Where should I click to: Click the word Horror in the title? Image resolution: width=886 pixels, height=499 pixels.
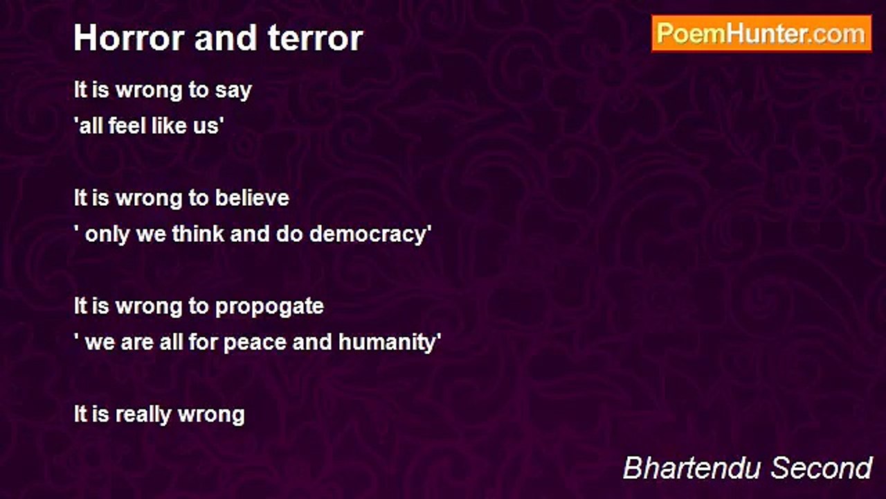(x=129, y=38)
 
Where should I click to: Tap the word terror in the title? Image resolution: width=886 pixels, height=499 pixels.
(x=315, y=38)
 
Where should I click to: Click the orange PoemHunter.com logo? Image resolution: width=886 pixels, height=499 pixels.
(x=761, y=34)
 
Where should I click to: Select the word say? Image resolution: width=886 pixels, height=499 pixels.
(x=233, y=91)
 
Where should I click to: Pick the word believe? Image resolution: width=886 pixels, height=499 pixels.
(x=252, y=198)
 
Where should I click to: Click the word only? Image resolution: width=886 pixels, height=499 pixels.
(x=107, y=234)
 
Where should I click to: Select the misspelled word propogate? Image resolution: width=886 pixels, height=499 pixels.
(x=269, y=307)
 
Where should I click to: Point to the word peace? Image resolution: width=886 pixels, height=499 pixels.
(x=255, y=342)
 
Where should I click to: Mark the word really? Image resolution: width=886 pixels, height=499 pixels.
(x=143, y=415)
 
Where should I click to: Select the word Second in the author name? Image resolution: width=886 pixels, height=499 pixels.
(x=821, y=468)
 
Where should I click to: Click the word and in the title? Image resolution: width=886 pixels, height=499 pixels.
(x=226, y=38)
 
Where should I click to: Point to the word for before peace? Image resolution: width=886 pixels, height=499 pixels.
(x=203, y=342)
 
